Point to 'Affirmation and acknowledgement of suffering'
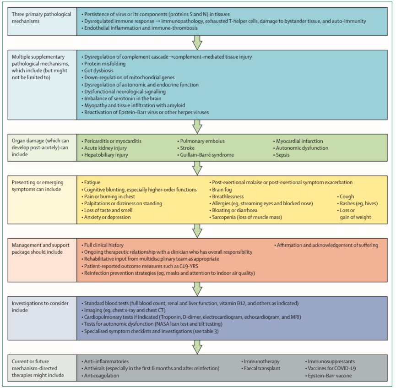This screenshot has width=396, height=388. pos(327,245)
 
